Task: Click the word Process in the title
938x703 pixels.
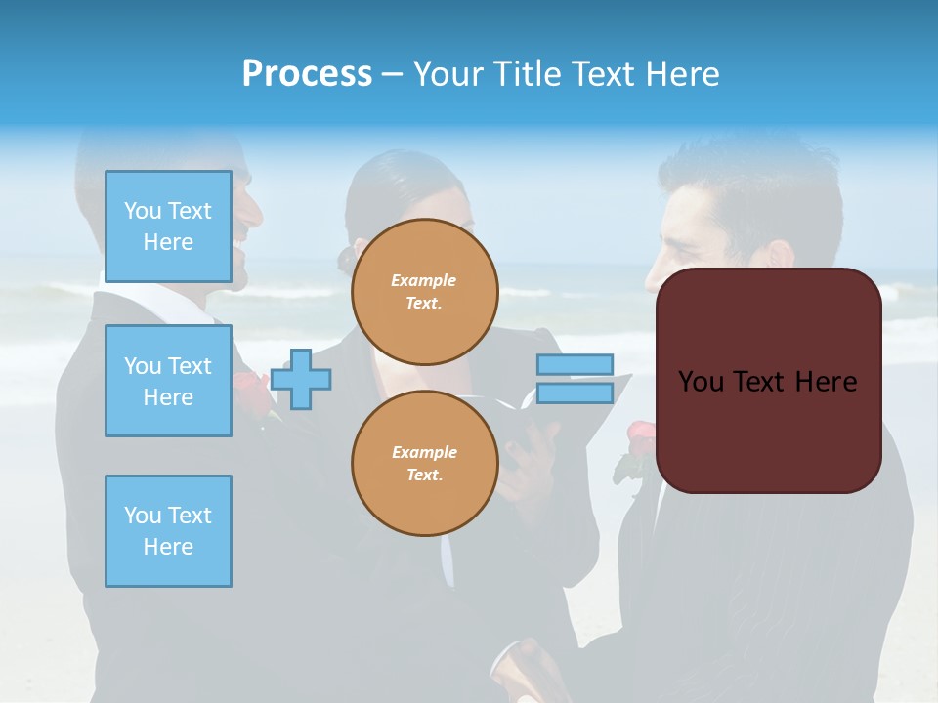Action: click(x=307, y=74)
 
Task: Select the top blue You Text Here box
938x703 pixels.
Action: click(x=168, y=227)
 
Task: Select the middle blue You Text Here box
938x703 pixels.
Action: click(x=168, y=381)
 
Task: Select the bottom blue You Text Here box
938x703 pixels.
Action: click(x=168, y=531)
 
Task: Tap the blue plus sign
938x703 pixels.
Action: click(x=301, y=379)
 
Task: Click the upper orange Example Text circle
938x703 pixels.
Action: click(x=424, y=292)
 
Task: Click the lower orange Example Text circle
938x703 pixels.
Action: click(x=424, y=464)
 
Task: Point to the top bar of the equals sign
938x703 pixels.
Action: click(x=575, y=365)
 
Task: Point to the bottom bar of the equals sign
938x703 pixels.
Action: click(x=575, y=393)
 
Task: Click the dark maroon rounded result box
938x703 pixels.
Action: click(x=768, y=381)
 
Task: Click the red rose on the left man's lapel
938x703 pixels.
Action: click(x=250, y=391)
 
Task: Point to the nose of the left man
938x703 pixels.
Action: click(x=256, y=211)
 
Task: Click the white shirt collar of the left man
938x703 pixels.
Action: click(x=186, y=297)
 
